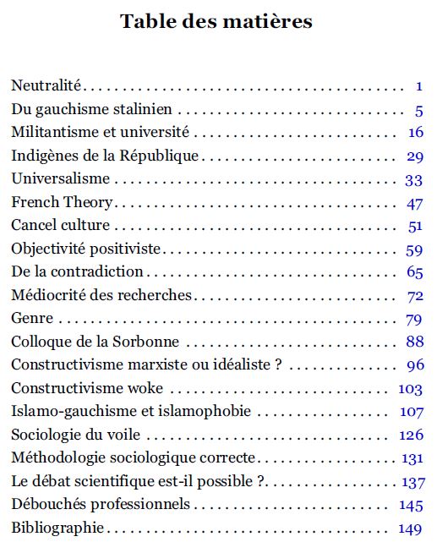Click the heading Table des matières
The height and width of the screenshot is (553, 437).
216,21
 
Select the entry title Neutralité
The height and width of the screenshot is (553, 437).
46,85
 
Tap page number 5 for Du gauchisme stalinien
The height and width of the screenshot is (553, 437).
418,111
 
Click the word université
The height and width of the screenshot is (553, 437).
155,132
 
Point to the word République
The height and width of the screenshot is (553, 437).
159,156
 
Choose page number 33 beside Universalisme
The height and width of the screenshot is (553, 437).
413,180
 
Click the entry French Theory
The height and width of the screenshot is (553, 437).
62,202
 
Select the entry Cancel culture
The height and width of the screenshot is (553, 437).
60,225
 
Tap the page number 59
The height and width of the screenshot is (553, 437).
414,250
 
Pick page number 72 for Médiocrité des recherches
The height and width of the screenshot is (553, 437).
415,297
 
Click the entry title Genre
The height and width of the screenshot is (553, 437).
32,318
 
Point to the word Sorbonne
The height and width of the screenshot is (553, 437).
145,342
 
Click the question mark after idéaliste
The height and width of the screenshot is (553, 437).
278,364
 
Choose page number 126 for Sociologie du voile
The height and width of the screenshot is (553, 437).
411,435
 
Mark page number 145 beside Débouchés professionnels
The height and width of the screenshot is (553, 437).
411,506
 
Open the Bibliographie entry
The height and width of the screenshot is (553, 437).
57,528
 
